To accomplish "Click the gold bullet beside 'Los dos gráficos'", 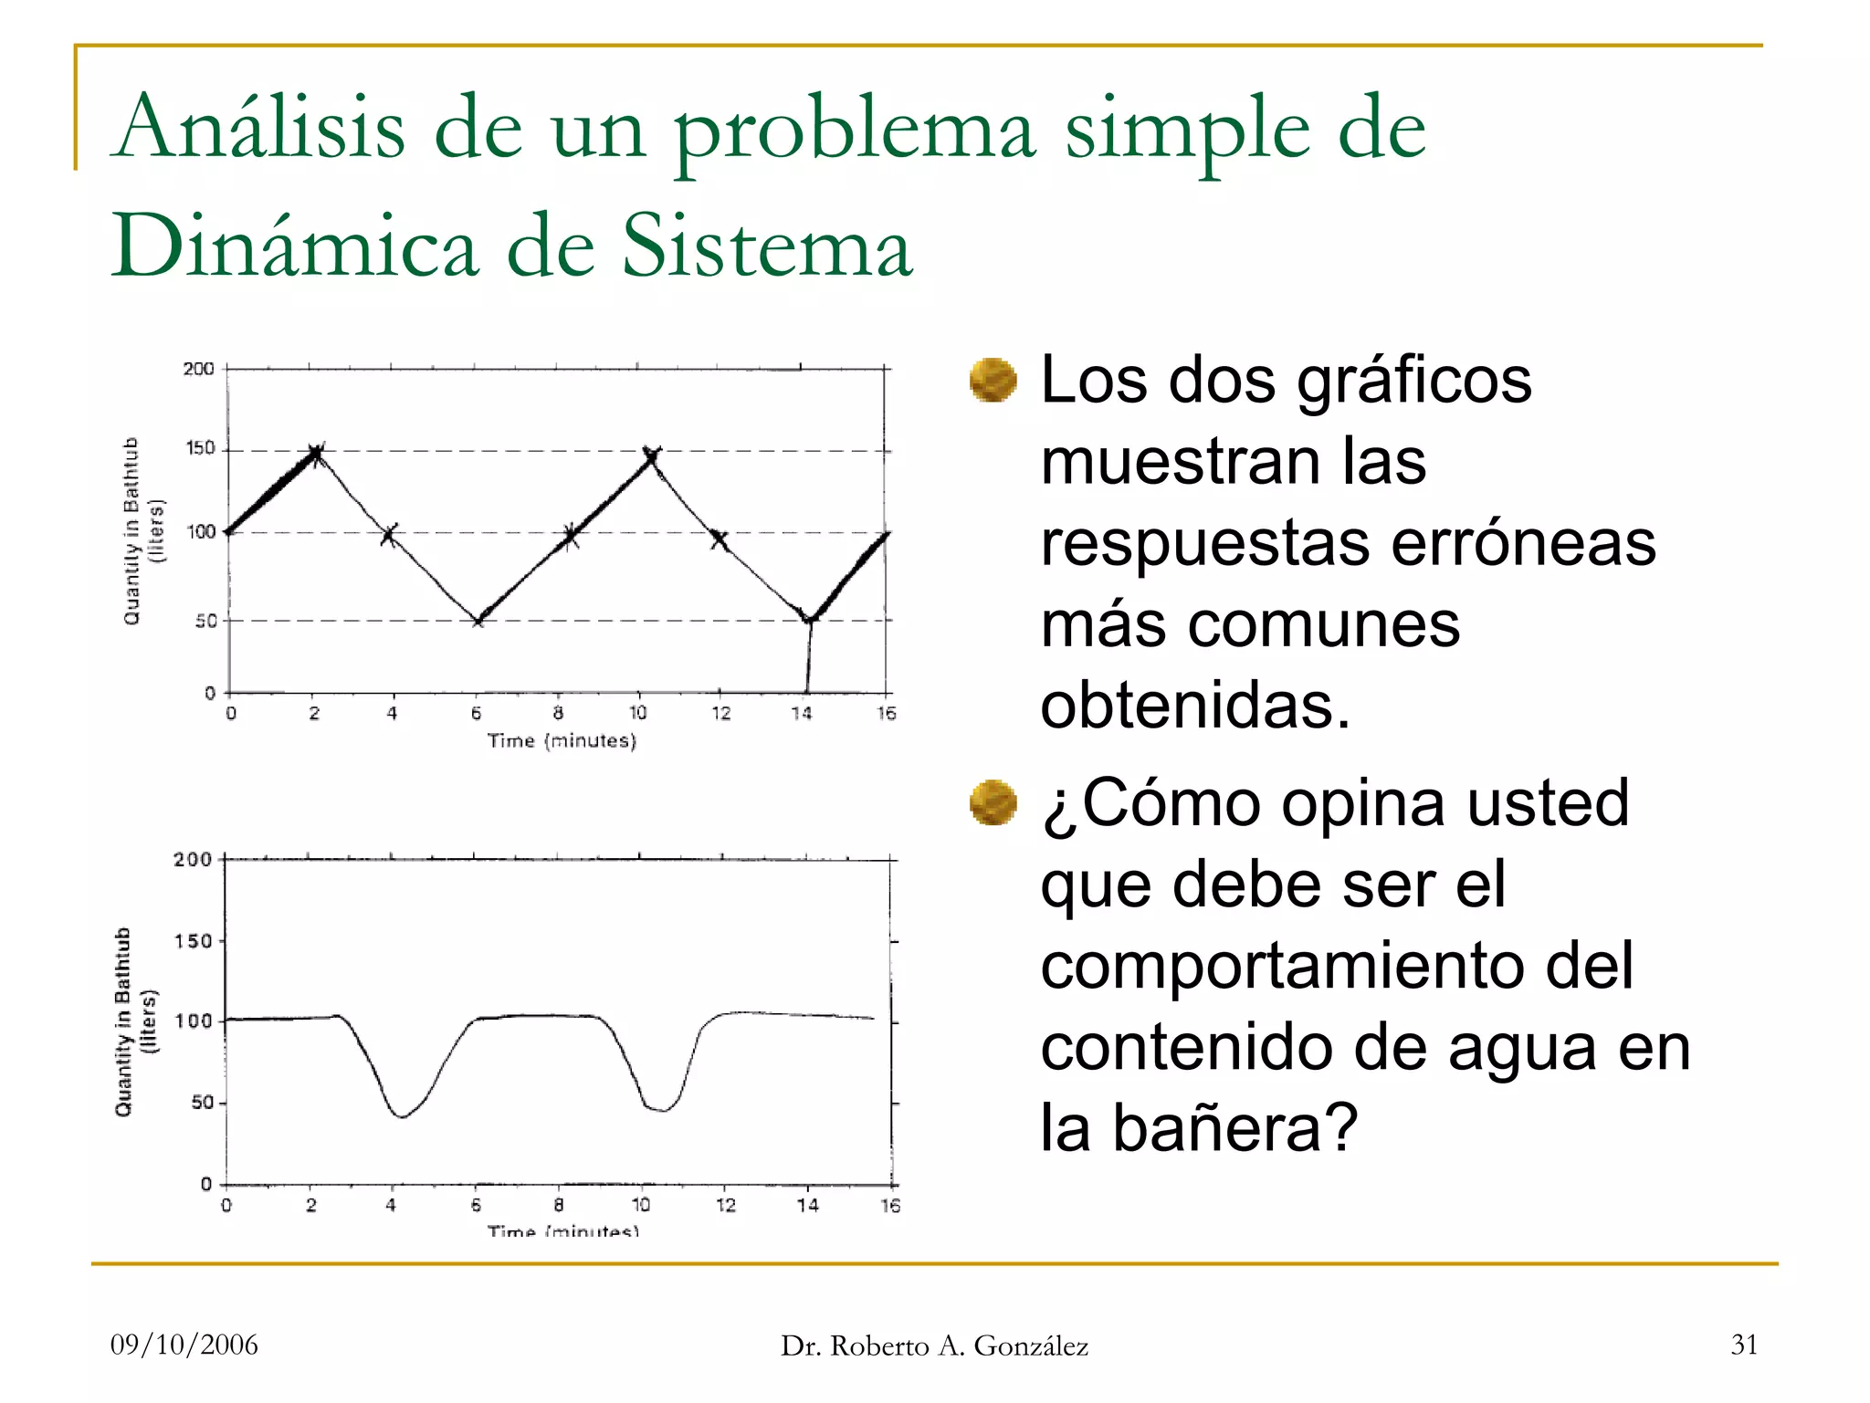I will (x=993, y=380).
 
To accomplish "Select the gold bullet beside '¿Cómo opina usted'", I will (x=993, y=802).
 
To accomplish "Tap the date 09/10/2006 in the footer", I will (x=184, y=1345).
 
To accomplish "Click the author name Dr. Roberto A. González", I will (x=934, y=1345).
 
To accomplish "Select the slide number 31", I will (x=1744, y=1345).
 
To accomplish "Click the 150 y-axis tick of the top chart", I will (x=200, y=448).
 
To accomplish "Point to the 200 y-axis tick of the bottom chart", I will (x=192, y=860).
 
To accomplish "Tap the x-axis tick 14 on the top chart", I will (x=802, y=713).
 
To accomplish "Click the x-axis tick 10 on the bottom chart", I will (x=641, y=1205).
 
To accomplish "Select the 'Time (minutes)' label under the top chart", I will (x=562, y=740).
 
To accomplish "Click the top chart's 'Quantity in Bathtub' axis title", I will (x=132, y=530).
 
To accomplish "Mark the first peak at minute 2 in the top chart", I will (x=316, y=452).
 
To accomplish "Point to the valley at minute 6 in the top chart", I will (x=478, y=621).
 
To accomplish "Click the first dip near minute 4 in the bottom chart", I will (x=402, y=1115).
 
